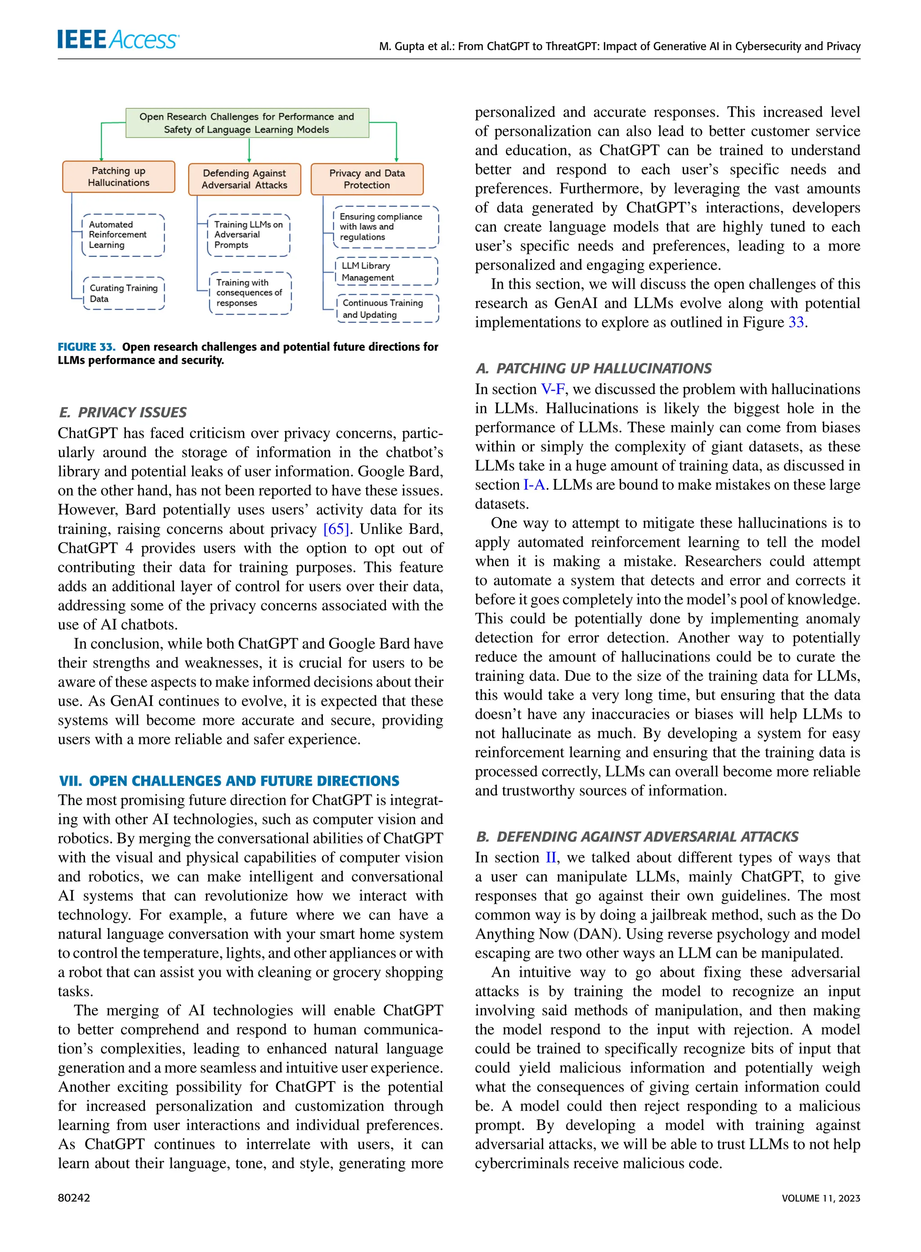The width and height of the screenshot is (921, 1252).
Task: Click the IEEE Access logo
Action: pyautogui.click(x=118, y=39)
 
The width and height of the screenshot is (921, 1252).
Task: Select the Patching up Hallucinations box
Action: pyautogui.click(x=119, y=177)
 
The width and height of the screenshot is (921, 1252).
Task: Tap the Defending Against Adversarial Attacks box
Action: pyautogui.click(x=244, y=179)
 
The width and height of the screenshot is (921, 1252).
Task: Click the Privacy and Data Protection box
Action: pyautogui.click(x=367, y=179)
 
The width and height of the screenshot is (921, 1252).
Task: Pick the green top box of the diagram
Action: pyautogui.click(x=247, y=123)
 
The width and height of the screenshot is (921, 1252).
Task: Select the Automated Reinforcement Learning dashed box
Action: pyautogui.click(x=123, y=235)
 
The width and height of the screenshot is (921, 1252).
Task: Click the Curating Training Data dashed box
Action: pyautogui.click(x=124, y=293)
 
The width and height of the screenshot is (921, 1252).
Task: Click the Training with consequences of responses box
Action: pyautogui.click(x=250, y=293)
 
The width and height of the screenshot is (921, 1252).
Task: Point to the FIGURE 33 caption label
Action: pyautogui.click(x=86, y=347)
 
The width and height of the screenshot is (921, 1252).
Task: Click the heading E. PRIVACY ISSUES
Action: pyautogui.click(x=123, y=412)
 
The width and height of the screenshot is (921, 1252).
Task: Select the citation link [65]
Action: pyautogui.click(x=336, y=529)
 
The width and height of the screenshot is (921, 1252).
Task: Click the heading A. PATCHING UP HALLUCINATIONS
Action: pyautogui.click(x=593, y=368)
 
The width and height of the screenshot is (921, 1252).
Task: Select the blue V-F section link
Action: pyautogui.click(x=553, y=389)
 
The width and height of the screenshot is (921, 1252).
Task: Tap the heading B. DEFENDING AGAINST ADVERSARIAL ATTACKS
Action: pyautogui.click(x=637, y=837)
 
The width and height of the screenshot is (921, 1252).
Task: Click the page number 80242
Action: pyautogui.click(x=74, y=1198)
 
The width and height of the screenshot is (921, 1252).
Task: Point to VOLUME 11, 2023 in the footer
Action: pyautogui.click(x=821, y=1198)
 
